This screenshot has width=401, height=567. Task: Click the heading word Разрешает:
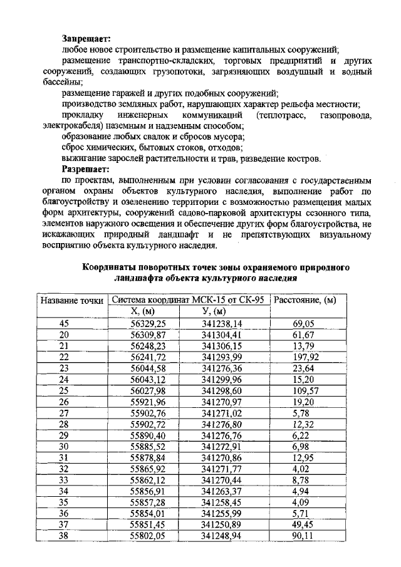(86, 169)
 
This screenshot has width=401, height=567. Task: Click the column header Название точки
(71, 300)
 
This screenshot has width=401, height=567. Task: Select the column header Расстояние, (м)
(305, 300)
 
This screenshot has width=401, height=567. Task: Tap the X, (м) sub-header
(142, 311)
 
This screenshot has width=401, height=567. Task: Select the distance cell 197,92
(306, 357)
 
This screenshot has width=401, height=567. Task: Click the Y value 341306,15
(222, 346)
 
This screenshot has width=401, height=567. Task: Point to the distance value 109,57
(306, 391)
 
